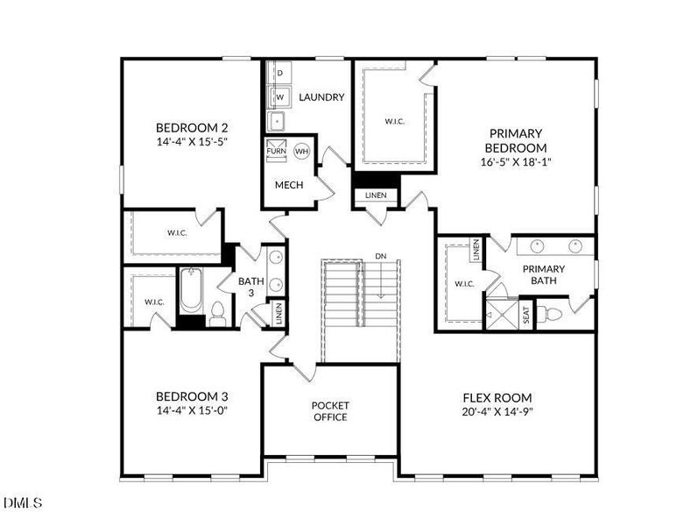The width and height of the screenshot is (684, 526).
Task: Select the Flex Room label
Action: pyautogui.click(x=497, y=397)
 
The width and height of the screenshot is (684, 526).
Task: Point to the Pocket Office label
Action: pyautogui.click(x=330, y=411)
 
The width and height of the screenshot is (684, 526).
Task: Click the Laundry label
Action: pyautogui.click(x=321, y=97)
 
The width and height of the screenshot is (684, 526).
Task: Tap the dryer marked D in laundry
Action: pyautogui.click(x=279, y=73)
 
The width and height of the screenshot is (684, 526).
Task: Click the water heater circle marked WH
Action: pyautogui.click(x=301, y=151)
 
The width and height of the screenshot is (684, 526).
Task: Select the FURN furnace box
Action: pyautogui.click(x=276, y=151)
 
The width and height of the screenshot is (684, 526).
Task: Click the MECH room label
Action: pyautogui.click(x=289, y=185)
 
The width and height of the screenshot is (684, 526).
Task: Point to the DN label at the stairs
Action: pyautogui.click(x=380, y=256)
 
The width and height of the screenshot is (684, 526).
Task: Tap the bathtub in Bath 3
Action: pyautogui.click(x=192, y=291)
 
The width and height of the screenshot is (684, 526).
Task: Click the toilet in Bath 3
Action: pyautogui.click(x=217, y=314)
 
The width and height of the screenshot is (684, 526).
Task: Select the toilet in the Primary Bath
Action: pyautogui.click(x=553, y=314)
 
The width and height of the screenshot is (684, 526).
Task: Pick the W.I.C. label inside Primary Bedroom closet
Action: pyautogui.click(x=394, y=121)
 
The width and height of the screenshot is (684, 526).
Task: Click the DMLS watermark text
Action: pyautogui.click(x=22, y=503)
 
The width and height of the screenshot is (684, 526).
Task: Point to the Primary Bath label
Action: pyautogui.click(x=544, y=274)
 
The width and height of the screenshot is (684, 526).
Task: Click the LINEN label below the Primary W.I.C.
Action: pyautogui.click(x=375, y=195)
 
